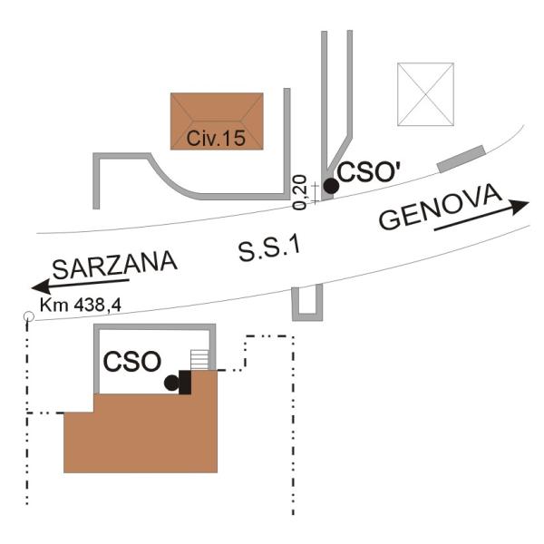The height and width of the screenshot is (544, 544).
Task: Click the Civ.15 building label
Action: point(216,138)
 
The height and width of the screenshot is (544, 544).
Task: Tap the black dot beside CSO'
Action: point(331,186)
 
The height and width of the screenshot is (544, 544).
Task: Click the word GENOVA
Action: point(441,208)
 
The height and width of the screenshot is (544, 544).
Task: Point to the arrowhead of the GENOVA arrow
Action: point(520,206)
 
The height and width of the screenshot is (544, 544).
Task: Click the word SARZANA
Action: point(115,265)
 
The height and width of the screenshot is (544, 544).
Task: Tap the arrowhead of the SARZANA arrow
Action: point(42,287)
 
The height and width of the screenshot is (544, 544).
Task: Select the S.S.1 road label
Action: point(269,248)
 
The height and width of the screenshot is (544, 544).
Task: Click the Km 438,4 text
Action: point(81,306)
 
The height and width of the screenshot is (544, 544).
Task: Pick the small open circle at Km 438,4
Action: point(28,316)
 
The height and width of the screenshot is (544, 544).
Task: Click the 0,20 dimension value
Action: point(299,192)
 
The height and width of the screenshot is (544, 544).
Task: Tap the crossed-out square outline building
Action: point(426,94)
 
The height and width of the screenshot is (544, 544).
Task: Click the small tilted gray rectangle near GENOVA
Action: point(461,159)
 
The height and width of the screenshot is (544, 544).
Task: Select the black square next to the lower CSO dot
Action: point(185,382)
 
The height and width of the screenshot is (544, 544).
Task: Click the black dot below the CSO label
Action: point(171,383)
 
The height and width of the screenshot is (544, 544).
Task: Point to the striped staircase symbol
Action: point(199,360)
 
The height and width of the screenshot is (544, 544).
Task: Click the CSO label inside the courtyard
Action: point(132,362)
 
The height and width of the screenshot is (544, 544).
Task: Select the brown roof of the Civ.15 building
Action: point(217,121)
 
